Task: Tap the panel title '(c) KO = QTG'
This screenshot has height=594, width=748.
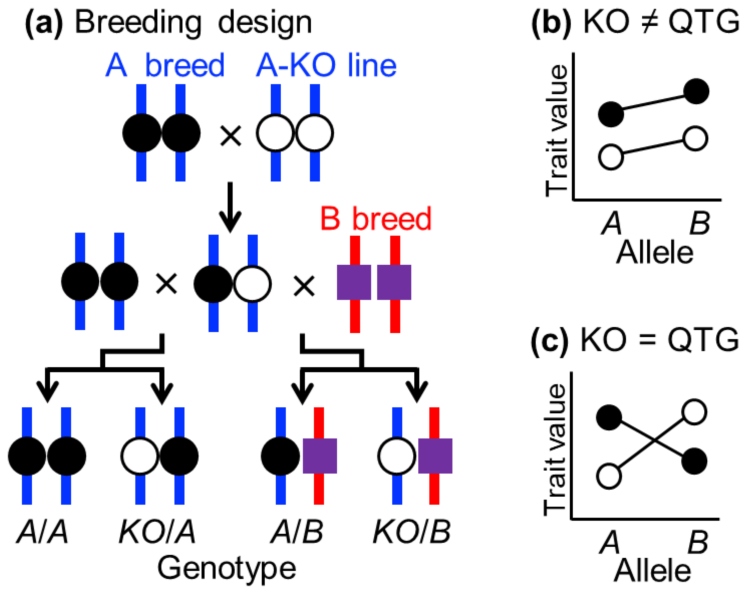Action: tap(635, 340)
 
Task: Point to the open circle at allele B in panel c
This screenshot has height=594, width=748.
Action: tap(694, 412)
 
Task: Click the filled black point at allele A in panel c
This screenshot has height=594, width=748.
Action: tap(609, 417)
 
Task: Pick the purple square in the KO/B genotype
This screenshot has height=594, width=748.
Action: tap(435, 456)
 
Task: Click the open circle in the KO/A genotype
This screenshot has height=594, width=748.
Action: tap(140, 456)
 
